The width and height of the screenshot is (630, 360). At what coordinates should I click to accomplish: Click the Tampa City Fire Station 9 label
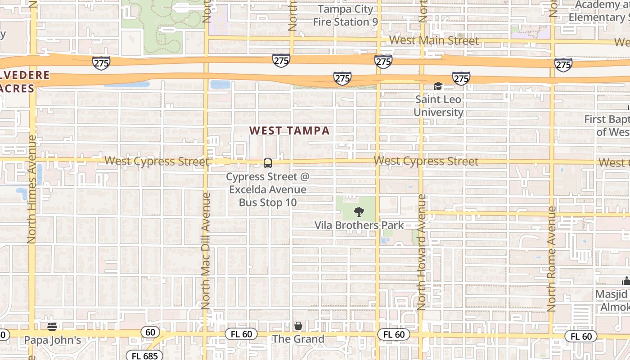coord(345,16)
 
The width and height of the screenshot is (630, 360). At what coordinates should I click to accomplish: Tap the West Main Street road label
coord(434,40)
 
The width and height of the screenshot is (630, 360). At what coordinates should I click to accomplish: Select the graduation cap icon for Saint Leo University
coord(438,86)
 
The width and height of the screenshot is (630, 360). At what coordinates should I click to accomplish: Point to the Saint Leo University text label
coord(438,106)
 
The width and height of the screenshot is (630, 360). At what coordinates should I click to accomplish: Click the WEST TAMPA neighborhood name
coord(289,131)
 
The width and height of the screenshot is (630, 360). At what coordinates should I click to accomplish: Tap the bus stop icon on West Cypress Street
coord(268,163)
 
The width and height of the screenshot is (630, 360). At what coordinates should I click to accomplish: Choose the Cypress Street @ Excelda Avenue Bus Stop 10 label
coord(268,189)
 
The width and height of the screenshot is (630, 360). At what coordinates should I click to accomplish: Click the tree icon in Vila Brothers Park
coord(359,211)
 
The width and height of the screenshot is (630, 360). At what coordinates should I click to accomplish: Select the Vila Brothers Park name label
coord(359,225)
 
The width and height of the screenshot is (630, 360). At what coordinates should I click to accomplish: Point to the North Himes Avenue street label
coord(31,189)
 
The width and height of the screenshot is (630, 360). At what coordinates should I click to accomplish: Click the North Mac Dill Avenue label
coord(206,250)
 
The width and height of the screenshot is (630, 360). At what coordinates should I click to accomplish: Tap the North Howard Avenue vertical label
coord(422,252)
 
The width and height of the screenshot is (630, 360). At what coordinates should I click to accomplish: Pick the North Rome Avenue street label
coord(552,259)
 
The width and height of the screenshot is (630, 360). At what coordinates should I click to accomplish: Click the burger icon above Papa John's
coord(53,326)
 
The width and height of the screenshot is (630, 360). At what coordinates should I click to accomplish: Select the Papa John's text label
coord(53,340)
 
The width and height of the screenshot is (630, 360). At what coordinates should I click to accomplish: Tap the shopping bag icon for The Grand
coord(298,326)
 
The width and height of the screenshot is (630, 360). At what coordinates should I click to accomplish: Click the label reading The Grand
coord(298,339)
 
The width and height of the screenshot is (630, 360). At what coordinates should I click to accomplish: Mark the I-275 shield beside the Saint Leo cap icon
coord(461,79)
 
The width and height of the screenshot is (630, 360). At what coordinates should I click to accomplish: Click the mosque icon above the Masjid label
coord(626,281)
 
